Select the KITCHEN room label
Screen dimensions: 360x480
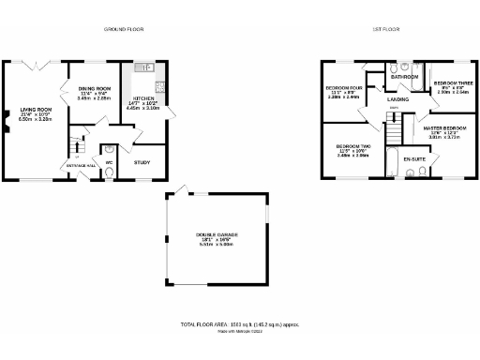(143, 97)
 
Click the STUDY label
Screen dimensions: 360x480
(142, 162)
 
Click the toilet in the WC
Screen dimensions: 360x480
(110, 149)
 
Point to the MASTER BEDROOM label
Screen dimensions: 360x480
(443, 127)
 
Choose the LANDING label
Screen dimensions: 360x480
(397, 97)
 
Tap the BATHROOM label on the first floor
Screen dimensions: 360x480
(405, 77)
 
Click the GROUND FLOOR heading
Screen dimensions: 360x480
(122, 30)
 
